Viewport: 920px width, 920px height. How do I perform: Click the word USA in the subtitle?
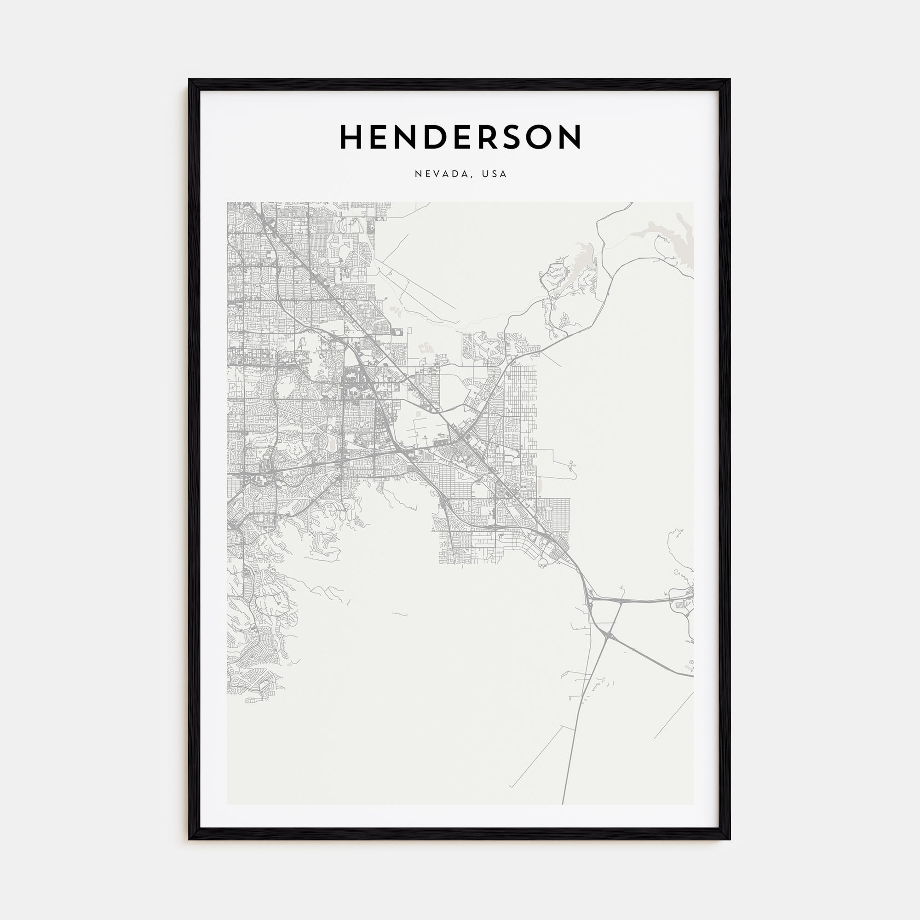pyautogui.click(x=494, y=174)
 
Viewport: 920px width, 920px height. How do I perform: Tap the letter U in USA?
pyautogui.click(x=485, y=174)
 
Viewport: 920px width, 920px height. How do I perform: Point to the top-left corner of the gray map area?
pyautogui.click(x=227, y=202)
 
